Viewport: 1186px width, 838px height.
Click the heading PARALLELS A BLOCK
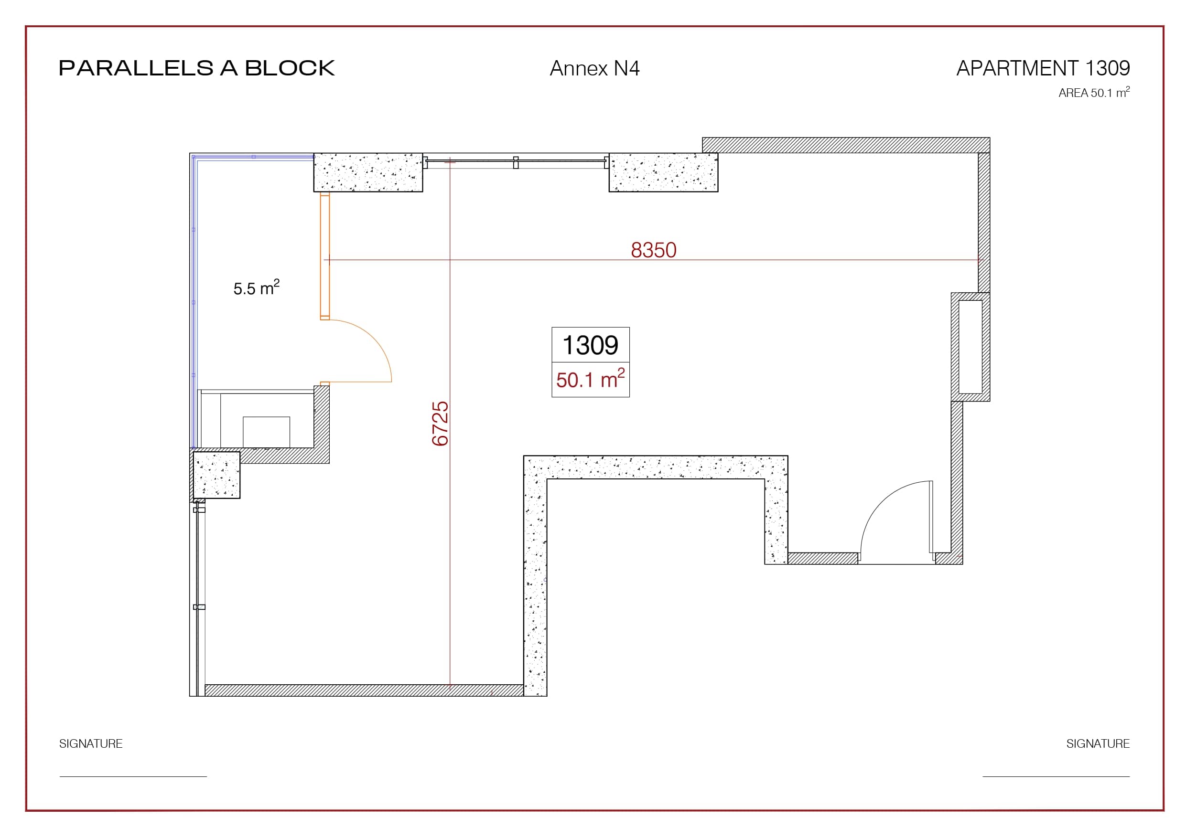[197, 68]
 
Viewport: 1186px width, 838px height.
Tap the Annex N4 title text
[594, 68]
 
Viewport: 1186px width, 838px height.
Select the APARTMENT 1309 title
[1043, 68]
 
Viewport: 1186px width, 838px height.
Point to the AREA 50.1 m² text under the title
[1094, 93]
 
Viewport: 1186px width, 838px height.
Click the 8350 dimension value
[653, 250]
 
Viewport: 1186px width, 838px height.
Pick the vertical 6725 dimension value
[440, 424]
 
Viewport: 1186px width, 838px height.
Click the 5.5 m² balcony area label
[256, 287]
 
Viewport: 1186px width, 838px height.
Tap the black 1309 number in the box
[590, 345]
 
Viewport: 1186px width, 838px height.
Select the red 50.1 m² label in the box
[591, 379]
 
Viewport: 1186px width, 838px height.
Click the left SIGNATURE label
[91, 743]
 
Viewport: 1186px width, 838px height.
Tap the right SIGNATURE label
[1098, 743]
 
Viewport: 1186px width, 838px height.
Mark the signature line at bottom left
[133, 776]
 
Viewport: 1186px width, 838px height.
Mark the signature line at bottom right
[1056, 776]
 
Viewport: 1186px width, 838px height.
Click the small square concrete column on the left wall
[216, 475]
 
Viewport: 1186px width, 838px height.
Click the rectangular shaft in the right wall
[970, 347]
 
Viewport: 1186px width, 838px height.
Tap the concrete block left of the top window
[368, 172]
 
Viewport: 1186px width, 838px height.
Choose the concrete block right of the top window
[663, 172]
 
